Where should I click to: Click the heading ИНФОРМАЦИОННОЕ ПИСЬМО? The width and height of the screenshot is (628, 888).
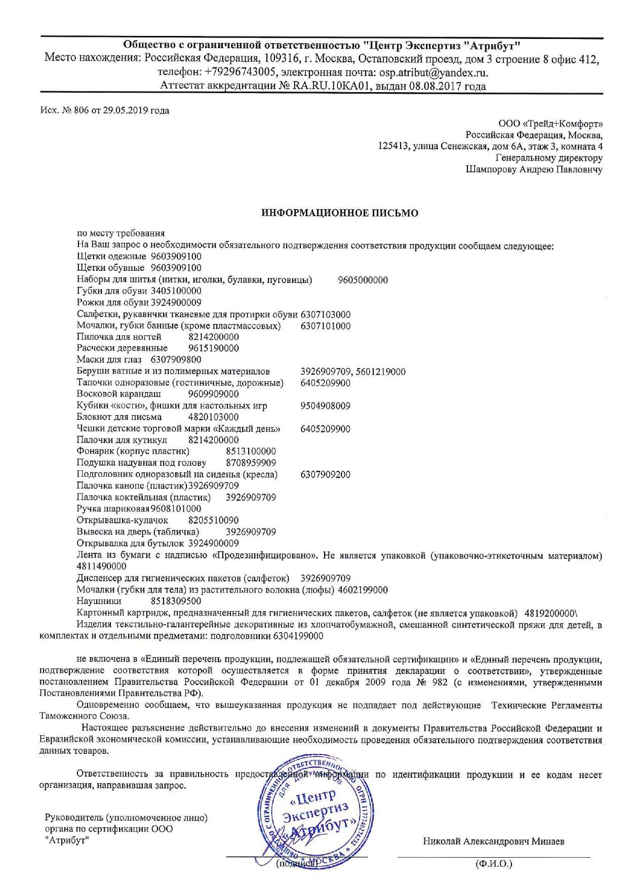coord(339,213)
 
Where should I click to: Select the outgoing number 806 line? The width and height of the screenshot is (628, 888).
coord(104,110)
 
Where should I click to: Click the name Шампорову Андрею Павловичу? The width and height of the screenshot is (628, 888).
coord(534,170)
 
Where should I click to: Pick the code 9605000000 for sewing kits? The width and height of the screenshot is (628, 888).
coord(363,280)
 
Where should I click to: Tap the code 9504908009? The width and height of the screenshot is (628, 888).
coord(325,406)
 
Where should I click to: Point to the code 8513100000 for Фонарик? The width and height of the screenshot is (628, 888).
coord(251,451)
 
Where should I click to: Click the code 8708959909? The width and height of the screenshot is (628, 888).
coord(251,463)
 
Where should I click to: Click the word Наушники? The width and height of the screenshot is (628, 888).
coord(99,601)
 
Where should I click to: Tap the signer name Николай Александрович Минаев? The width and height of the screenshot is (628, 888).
coord(493,841)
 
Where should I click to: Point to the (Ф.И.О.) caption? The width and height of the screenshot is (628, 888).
coord(493,864)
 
